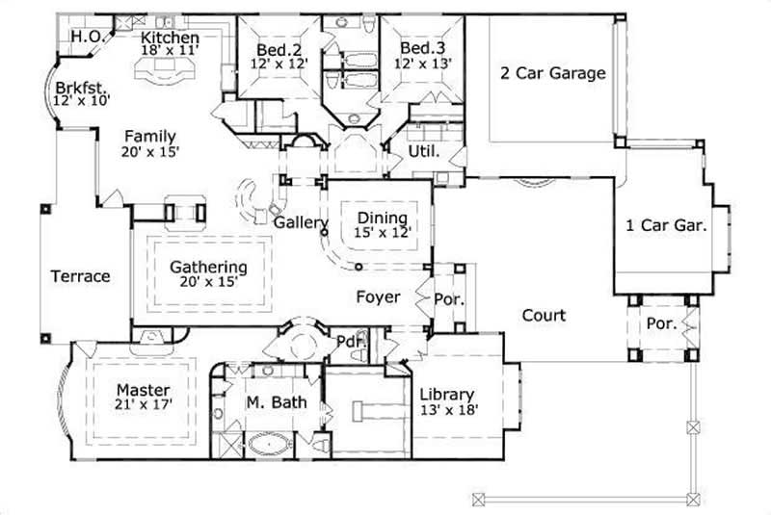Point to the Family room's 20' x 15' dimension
pyautogui.click(x=149, y=152)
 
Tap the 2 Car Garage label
pyautogui.click(x=552, y=73)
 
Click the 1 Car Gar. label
pyautogui.click(x=667, y=226)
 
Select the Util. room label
pyautogui.click(x=424, y=152)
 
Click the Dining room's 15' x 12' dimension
pyautogui.click(x=384, y=232)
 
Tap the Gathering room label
pyautogui.click(x=208, y=267)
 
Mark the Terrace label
pyautogui.click(x=80, y=276)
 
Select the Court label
pyautogui.click(x=544, y=315)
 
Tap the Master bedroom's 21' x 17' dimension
pyautogui.click(x=143, y=405)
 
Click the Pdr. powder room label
pyautogui.click(x=348, y=341)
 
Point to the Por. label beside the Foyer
pyautogui.click(x=448, y=299)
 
